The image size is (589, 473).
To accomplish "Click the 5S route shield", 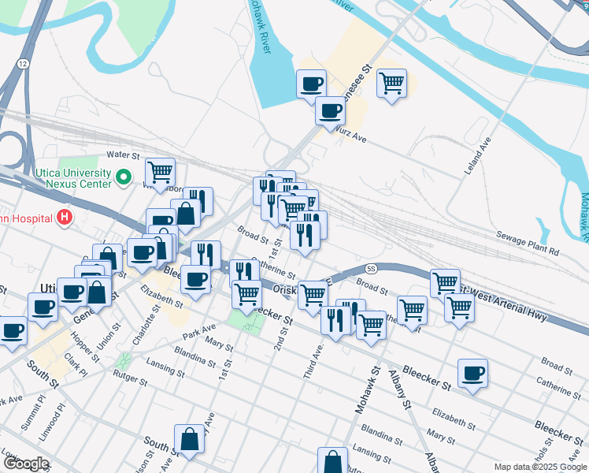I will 372,269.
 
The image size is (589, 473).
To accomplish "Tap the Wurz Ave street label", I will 350,137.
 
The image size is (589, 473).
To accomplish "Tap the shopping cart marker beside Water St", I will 160,171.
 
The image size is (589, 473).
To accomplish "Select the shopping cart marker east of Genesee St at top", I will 391,83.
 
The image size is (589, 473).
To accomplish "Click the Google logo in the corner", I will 25,464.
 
